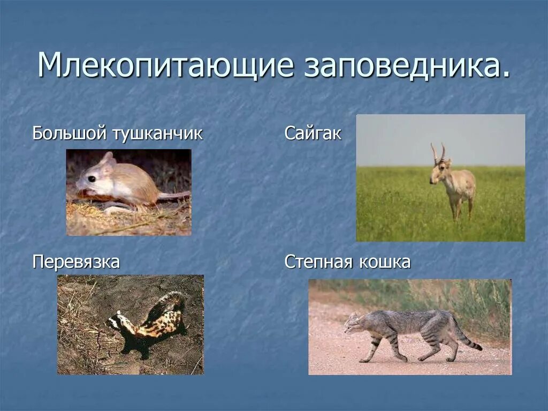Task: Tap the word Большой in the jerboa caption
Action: [69, 133]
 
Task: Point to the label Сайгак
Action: [313, 133]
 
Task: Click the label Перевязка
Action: [76, 263]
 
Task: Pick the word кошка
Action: [384, 263]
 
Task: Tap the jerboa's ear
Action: [108, 159]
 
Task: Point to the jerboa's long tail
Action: [174, 196]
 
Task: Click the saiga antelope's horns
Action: [438, 152]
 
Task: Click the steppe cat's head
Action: [353, 323]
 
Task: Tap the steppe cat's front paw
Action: [364, 360]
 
